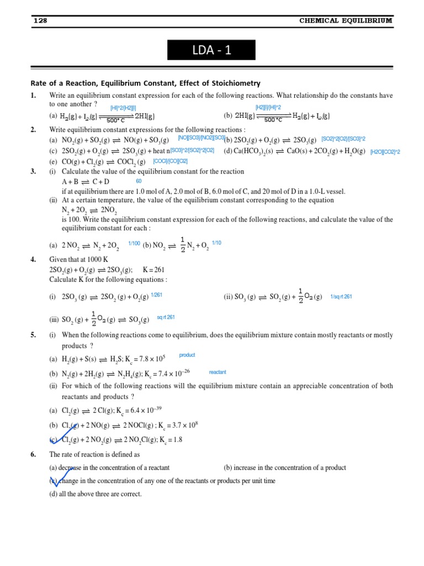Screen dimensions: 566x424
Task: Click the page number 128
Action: [40, 20]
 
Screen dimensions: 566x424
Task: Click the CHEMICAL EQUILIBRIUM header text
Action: [346, 20]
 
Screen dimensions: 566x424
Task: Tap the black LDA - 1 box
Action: [212, 50]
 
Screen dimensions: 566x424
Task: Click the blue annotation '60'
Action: [139, 181]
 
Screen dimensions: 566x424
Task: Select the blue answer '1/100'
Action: [134, 243]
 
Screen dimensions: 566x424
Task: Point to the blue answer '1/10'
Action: [216, 243]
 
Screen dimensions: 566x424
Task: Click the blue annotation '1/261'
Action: [156, 295]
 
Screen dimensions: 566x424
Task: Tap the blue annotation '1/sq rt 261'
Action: [341, 297]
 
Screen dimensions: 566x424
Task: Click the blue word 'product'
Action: [187, 355]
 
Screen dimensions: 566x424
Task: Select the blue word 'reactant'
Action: [218, 373]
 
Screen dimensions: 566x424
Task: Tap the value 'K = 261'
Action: [153, 270]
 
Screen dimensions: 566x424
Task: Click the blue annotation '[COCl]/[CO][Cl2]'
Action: [170, 161]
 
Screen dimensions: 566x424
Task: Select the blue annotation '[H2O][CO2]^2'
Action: [385, 151]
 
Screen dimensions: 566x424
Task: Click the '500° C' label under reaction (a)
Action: [116, 120]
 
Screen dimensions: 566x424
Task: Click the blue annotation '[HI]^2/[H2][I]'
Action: [123, 108]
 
